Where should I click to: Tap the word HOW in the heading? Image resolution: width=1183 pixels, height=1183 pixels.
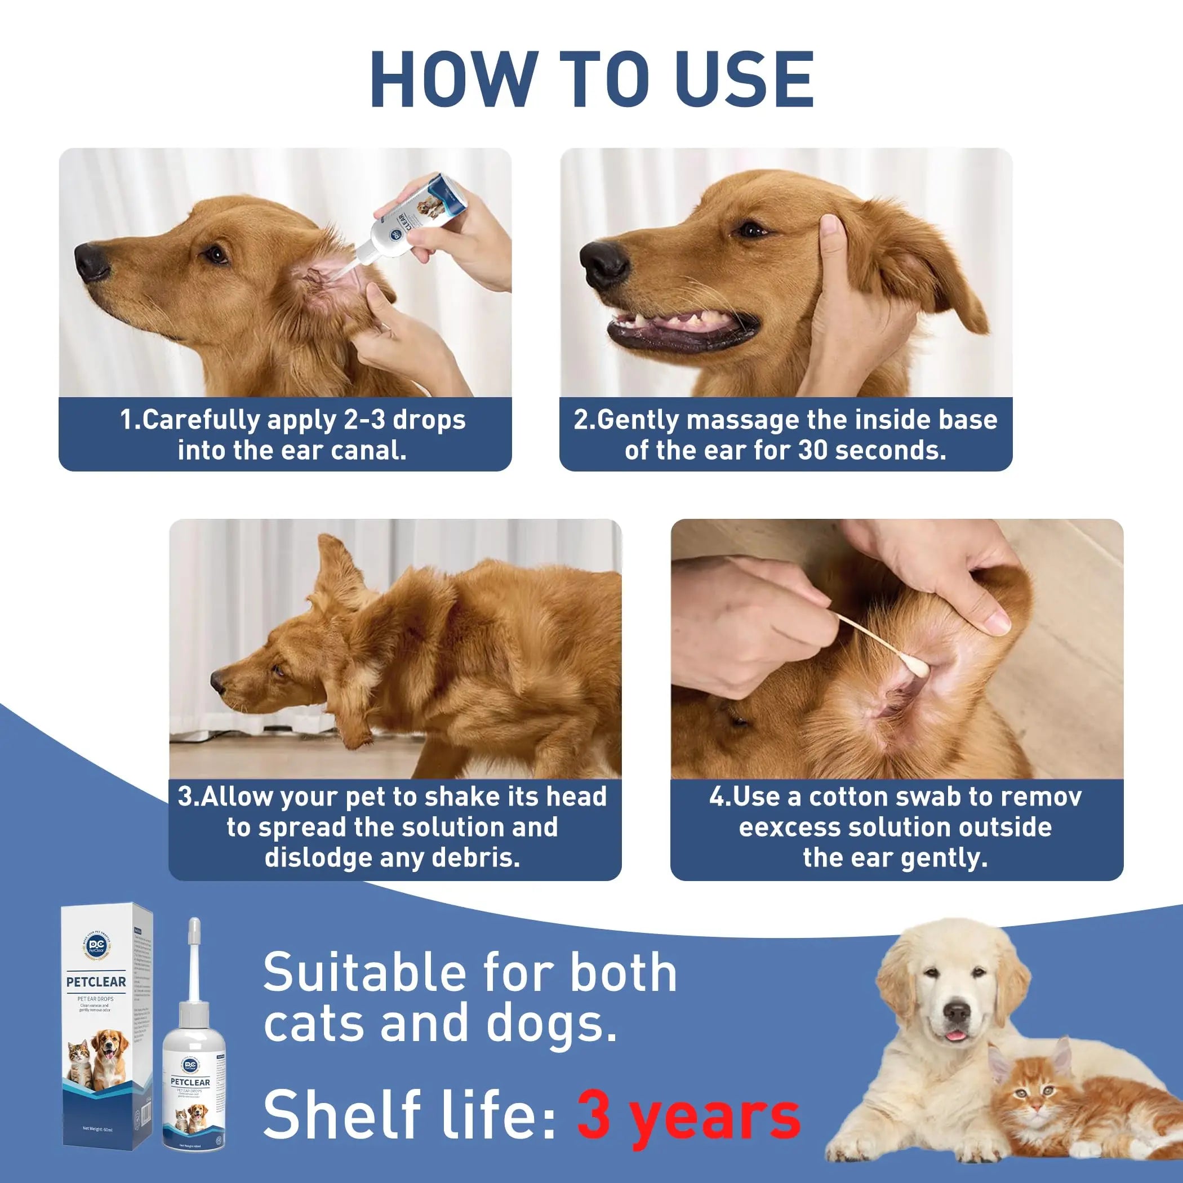click(455, 79)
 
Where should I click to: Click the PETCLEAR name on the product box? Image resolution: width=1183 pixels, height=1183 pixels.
click(96, 981)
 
